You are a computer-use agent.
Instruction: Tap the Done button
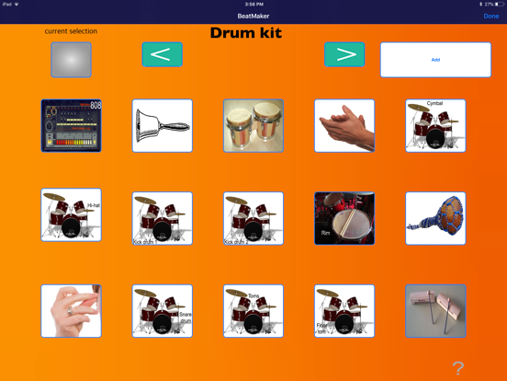[x=491, y=16]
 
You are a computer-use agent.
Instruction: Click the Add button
[x=435, y=60]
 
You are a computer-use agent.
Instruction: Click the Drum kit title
[x=245, y=33]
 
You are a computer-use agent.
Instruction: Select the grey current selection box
[x=71, y=60]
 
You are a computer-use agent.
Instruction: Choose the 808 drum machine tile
[x=71, y=126]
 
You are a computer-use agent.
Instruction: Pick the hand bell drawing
[x=163, y=126]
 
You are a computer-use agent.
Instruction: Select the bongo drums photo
[x=253, y=126]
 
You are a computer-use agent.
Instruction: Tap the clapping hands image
[x=344, y=126]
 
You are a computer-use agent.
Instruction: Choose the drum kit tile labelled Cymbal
[x=435, y=126]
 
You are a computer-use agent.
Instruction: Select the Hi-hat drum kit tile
[x=71, y=215]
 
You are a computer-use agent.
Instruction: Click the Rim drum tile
[x=344, y=218]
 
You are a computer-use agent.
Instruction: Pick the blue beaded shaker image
[x=435, y=218]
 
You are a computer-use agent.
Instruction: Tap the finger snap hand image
[x=71, y=311]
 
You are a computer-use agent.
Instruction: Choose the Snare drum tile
[x=163, y=311]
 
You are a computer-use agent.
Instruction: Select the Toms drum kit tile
[x=253, y=311]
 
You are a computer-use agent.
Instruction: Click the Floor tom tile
[x=344, y=311]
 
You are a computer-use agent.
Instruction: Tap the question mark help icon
[x=457, y=368]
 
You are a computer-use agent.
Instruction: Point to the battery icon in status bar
[x=499, y=5]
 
